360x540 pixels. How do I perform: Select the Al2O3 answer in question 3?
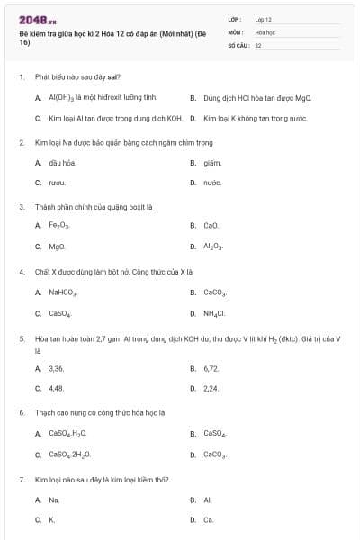click(x=213, y=246)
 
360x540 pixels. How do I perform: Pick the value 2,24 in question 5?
click(x=211, y=388)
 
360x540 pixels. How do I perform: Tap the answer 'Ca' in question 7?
click(x=209, y=519)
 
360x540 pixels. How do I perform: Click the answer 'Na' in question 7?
click(x=54, y=499)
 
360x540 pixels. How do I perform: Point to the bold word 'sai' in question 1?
click(x=115, y=77)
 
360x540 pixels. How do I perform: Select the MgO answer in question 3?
click(x=57, y=246)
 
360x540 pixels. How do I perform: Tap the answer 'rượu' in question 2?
click(x=57, y=183)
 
